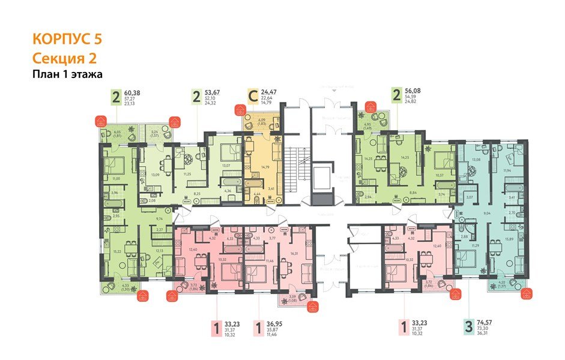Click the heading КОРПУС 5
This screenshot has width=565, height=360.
(x=67, y=40)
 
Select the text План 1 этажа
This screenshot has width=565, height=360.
(x=67, y=74)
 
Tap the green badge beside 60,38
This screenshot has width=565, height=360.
(x=116, y=96)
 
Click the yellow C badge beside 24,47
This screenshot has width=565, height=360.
(x=253, y=96)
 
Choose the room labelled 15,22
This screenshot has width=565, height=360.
(x=118, y=252)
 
